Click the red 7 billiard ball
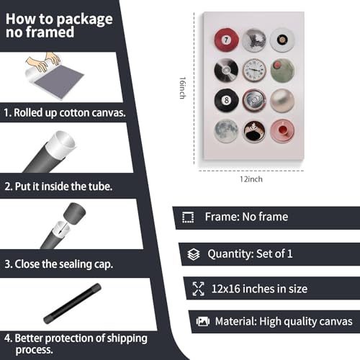(x=226, y=40)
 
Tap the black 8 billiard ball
(x=226, y=100)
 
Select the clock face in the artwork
(x=254, y=71)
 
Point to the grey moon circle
(x=226, y=131)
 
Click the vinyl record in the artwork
(x=226, y=71)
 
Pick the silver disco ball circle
(x=254, y=40)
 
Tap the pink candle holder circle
(x=282, y=131)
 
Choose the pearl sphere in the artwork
(x=282, y=100)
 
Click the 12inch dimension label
(x=251, y=179)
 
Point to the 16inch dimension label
(x=183, y=88)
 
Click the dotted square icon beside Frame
(x=188, y=217)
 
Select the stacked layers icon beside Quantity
(x=194, y=254)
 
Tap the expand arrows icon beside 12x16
(x=199, y=289)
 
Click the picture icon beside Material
(x=203, y=321)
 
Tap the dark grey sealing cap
(x=74, y=214)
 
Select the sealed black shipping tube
(x=72, y=303)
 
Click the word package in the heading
(x=85, y=19)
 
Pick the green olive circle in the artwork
(x=282, y=71)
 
